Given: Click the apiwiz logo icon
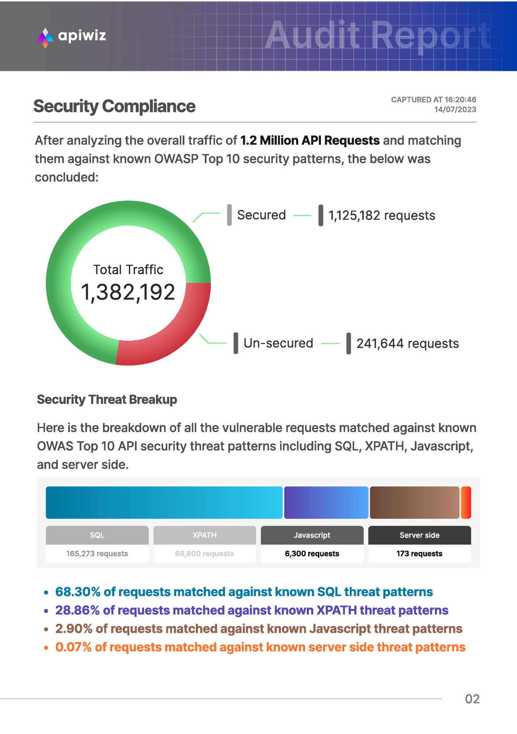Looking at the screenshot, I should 45,37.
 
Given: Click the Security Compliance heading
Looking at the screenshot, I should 114,106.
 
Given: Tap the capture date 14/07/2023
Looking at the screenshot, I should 455,110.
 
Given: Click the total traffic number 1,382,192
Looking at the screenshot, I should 128,292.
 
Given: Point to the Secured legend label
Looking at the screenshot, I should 261,215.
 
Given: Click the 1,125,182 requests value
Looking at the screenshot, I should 382,215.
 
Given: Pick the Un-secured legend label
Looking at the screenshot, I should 278,343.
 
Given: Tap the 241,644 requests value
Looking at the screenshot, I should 408,343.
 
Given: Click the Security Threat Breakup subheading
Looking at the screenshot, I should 107,400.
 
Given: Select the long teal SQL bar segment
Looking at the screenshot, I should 164,502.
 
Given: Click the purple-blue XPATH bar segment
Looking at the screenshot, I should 326,502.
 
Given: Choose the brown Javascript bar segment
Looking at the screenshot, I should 414,502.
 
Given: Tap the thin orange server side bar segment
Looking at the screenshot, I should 466,502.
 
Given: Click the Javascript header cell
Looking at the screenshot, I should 312,535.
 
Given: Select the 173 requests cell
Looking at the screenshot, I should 419,553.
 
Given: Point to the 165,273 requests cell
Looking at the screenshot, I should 97,553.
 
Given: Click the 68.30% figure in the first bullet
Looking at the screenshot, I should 77,592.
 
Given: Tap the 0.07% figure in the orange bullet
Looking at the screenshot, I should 73,647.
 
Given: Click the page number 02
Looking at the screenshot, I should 472,699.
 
